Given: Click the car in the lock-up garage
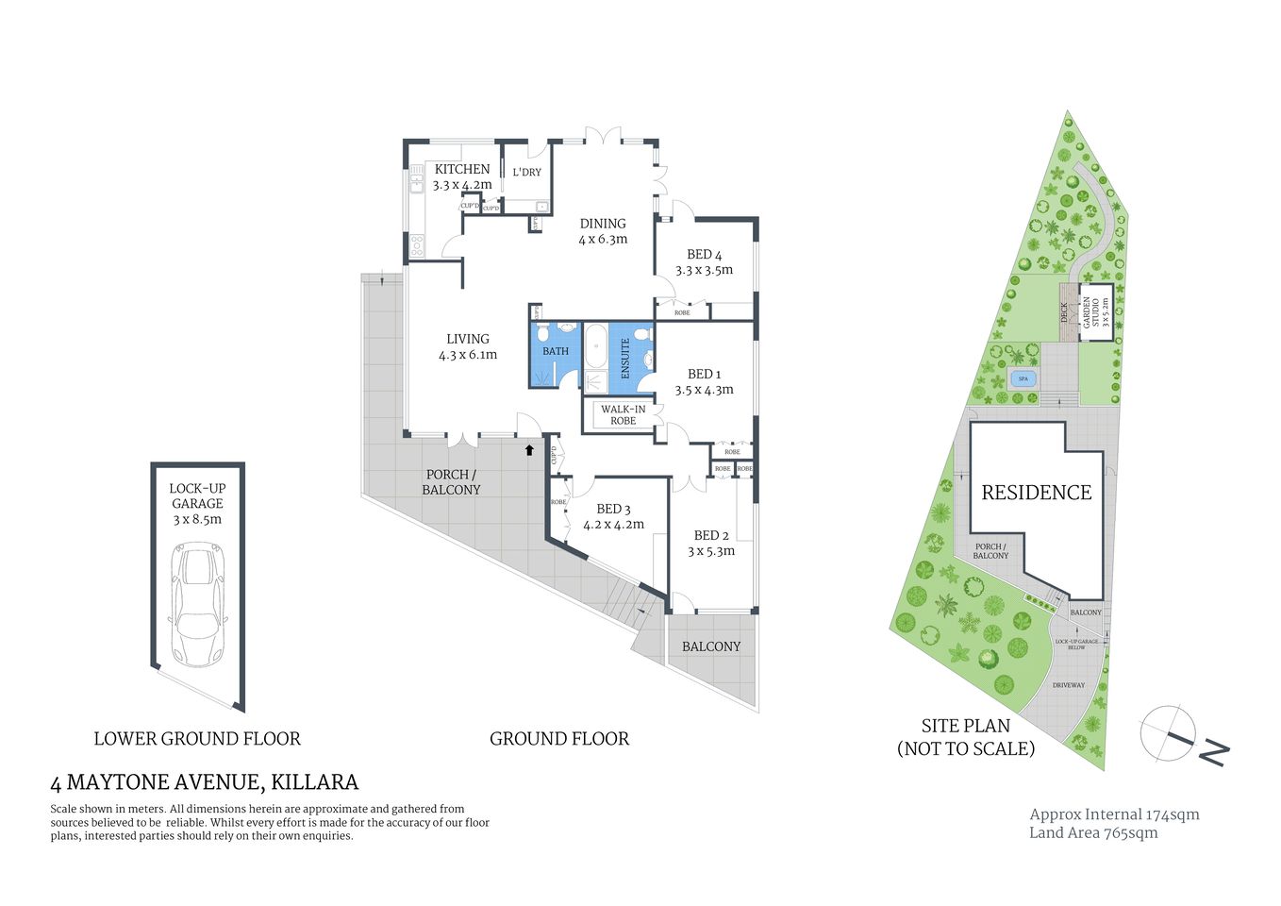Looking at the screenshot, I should (198, 604).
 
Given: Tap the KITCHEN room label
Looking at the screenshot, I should (462, 170).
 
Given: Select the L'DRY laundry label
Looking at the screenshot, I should (526, 172).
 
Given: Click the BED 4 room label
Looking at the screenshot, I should (704, 255).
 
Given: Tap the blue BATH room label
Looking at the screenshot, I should (556, 351).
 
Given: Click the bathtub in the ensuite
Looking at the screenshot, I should (596, 347).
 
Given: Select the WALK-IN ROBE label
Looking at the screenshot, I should (623, 414).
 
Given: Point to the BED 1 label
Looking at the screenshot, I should (704, 375).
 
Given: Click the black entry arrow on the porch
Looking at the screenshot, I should (529, 451).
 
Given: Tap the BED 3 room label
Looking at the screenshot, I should (613, 510).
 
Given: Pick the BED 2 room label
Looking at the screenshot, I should (711, 535).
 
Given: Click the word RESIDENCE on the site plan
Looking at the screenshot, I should (1036, 493).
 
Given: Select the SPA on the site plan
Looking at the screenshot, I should (1023, 379).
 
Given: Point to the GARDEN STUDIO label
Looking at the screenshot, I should (1095, 312).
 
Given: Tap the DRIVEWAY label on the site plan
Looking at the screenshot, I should (1069, 685).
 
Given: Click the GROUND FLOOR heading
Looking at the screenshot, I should (558, 739).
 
